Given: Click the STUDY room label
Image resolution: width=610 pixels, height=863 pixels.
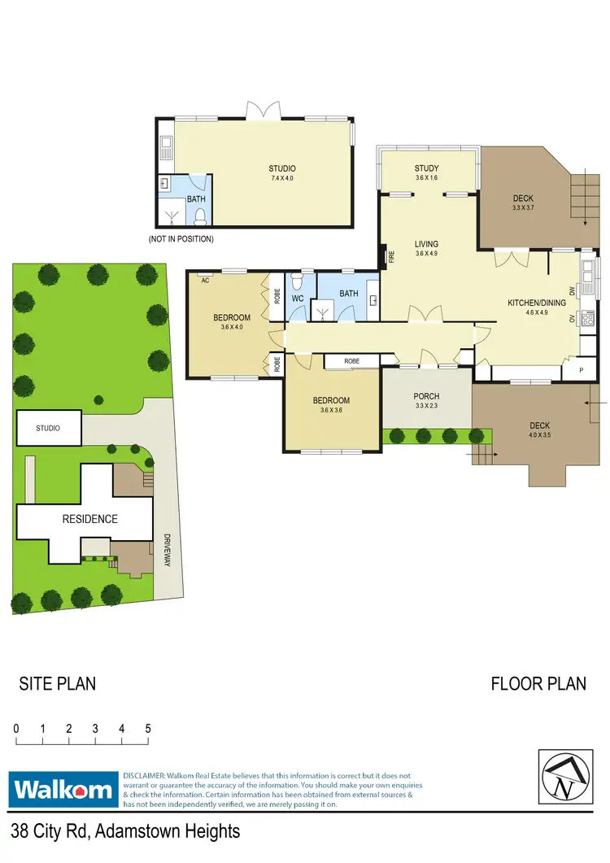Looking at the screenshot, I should click(426, 168).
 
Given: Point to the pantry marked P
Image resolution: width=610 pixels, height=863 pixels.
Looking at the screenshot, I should click(580, 369).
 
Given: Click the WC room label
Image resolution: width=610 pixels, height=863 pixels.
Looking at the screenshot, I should click(297, 299).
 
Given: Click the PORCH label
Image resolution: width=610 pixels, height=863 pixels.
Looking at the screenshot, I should click(426, 396).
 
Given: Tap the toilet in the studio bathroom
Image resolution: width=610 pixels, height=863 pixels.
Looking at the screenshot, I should click(199, 216).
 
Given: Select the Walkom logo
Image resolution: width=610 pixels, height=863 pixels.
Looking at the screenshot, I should click(63, 789).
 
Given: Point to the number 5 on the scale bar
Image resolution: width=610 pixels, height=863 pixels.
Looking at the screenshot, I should click(148, 729).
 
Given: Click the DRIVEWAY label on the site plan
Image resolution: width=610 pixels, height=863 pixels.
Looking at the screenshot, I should click(166, 551).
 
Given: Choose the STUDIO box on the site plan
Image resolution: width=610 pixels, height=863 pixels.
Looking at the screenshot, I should click(50, 428).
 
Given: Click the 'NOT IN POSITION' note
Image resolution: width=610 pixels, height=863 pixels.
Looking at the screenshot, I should click(181, 239).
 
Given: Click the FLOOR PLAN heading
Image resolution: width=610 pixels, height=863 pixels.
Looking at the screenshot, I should click(538, 683).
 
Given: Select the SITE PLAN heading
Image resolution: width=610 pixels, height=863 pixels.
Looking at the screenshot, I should click(57, 683).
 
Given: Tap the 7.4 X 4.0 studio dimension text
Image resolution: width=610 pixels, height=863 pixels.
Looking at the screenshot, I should click(281, 178).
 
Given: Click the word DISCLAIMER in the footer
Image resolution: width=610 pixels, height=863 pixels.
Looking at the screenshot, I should click(143, 776).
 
